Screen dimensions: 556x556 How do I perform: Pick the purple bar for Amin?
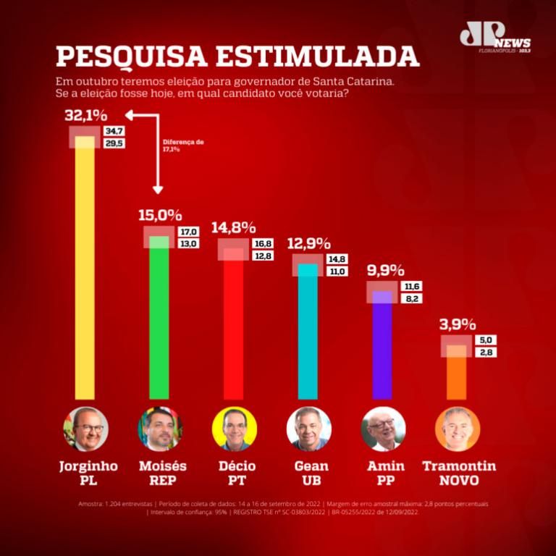pyautogui.click(x=382, y=347)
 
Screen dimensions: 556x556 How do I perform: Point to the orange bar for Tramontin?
pyautogui.click(x=456, y=373)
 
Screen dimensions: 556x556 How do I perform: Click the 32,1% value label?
pyautogui.click(x=85, y=116)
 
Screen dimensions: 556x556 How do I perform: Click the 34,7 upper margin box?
pyautogui.click(x=114, y=131)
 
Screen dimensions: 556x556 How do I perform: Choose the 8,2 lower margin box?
pyautogui.click(x=411, y=298)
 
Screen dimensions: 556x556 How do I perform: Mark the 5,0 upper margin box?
pyautogui.click(x=485, y=339)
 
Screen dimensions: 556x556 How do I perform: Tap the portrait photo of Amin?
pyautogui.click(x=383, y=429)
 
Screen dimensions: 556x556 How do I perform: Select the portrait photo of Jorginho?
pyautogui.click(x=85, y=429)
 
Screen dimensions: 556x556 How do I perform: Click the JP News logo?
pyautogui.click(x=494, y=38)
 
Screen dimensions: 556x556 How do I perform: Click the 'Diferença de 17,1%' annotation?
pyautogui.click(x=182, y=146)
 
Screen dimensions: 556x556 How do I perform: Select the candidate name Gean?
pyautogui.click(x=311, y=466)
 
